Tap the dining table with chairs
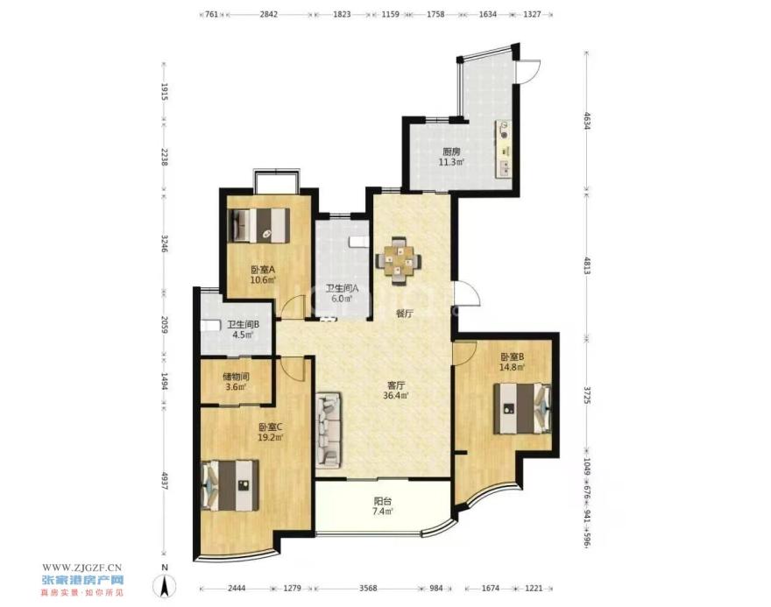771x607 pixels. pos(399,260)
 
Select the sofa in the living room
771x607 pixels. pos(329,429)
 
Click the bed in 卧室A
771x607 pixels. pos(259,225)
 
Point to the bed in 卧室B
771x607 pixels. pos(522,408)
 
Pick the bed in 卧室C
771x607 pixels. pos(230,485)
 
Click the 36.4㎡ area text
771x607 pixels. pos(396,395)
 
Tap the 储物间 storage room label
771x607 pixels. pos(236,377)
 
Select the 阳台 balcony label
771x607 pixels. pos(383,501)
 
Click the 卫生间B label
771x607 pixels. pos(243,325)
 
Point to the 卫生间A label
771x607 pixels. pos(343,288)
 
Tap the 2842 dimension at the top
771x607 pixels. pos(268,14)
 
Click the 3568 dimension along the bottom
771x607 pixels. pos(368,589)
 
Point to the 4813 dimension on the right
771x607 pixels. pos(587,266)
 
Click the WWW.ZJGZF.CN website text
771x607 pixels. pos(81,568)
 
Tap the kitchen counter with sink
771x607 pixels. pos(503,148)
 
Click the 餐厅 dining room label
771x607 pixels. pos(404,314)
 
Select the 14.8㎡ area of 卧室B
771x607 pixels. pos(513,367)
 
